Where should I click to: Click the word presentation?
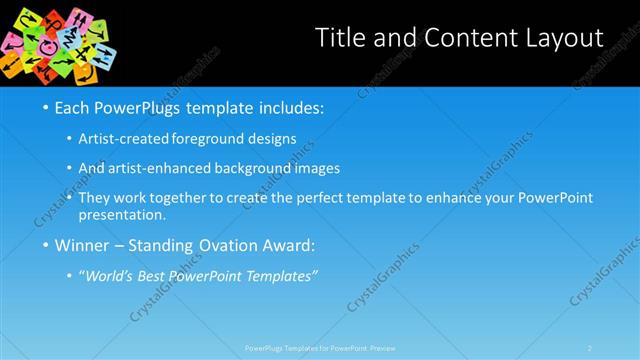(x=128, y=214)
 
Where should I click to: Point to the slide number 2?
(x=590, y=348)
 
